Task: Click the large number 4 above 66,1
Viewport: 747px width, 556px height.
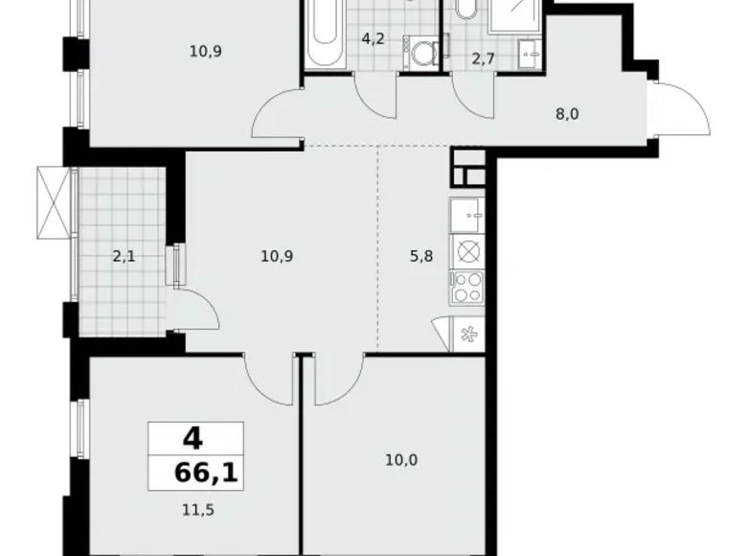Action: click(192, 440)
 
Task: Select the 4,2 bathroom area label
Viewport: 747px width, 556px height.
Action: click(372, 40)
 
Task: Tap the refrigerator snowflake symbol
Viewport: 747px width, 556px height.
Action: click(469, 334)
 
